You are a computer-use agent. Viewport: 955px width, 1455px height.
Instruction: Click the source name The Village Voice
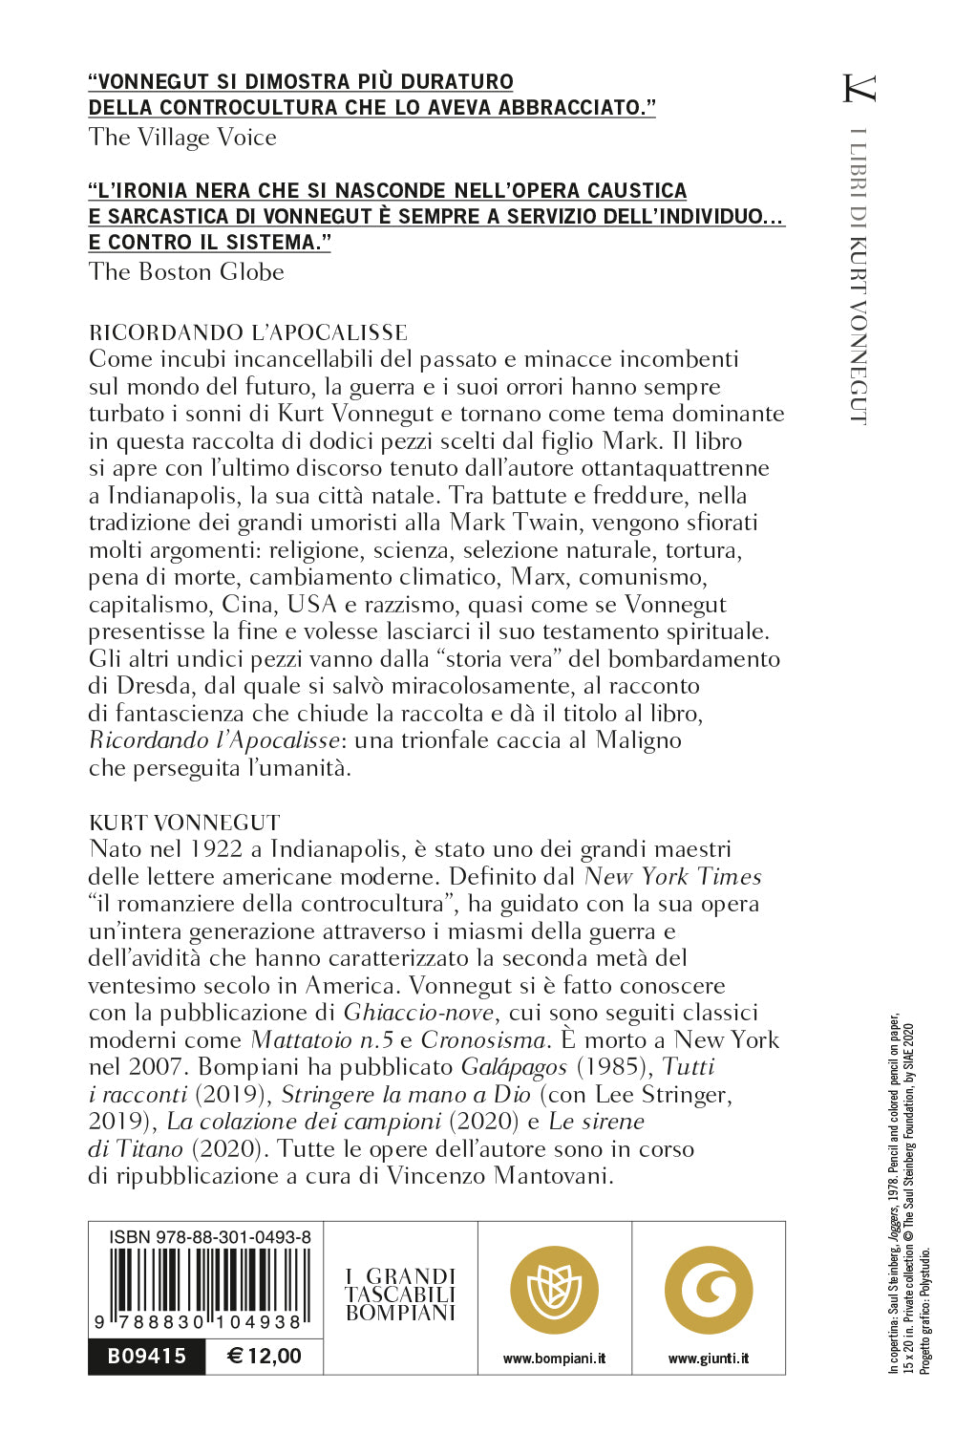tap(182, 138)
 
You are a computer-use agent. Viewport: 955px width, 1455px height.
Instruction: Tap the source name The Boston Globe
tap(186, 272)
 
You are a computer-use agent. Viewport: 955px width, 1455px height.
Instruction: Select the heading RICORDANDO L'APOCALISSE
tap(247, 332)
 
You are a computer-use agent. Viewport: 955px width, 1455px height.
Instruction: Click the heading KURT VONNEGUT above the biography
tap(184, 823)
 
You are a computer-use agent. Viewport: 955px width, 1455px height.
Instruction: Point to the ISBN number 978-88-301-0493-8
tap(210, 1237)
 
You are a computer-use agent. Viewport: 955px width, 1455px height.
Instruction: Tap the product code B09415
tap(147, 1357)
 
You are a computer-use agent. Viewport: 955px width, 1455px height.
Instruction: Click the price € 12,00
tap(265, 1357)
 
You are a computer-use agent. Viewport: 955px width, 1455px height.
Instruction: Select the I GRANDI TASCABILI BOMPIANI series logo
tap(400, 1295)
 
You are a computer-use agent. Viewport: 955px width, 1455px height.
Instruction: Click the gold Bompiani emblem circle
tap(554, 1291)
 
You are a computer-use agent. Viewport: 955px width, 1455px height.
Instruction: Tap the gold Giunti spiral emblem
tap(709, 1291)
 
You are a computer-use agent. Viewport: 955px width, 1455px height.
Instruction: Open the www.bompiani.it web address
tap(554, 1359)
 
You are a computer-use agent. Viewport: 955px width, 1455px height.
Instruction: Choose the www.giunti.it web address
tap(709, 1359)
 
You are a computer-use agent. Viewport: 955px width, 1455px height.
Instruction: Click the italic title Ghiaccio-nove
tap(419, 1013)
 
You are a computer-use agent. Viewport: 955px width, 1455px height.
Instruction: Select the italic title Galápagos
tap(514, 1067)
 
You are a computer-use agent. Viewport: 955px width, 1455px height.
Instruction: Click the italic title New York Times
tap(672, 877)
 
